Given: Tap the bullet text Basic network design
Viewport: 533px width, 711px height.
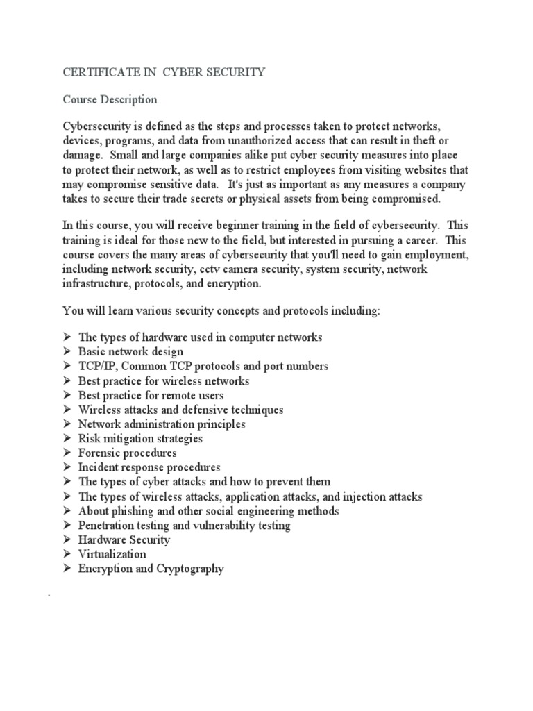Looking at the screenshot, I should tap(130, 352).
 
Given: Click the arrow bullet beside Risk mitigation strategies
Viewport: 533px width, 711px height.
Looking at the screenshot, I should tap(67, 439).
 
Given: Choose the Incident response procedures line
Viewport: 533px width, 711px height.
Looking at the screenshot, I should tap(149, 467).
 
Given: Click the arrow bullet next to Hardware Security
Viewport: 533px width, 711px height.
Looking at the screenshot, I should tap(67, 540).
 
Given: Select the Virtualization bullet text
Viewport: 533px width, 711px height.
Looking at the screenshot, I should tap(112, 554).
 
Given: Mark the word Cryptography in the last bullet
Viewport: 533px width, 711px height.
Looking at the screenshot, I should tap(190, 569).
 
